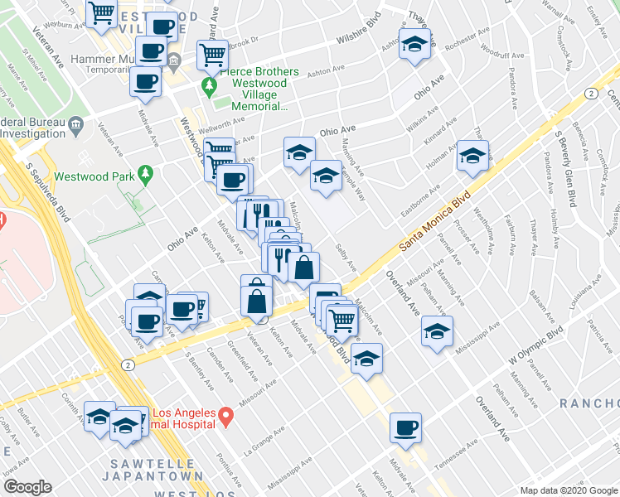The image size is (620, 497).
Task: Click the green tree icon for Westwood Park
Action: coord(146,175)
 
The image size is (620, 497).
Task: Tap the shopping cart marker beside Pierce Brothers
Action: coord(212,55)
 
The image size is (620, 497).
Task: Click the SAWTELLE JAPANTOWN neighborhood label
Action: coord(153,470)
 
